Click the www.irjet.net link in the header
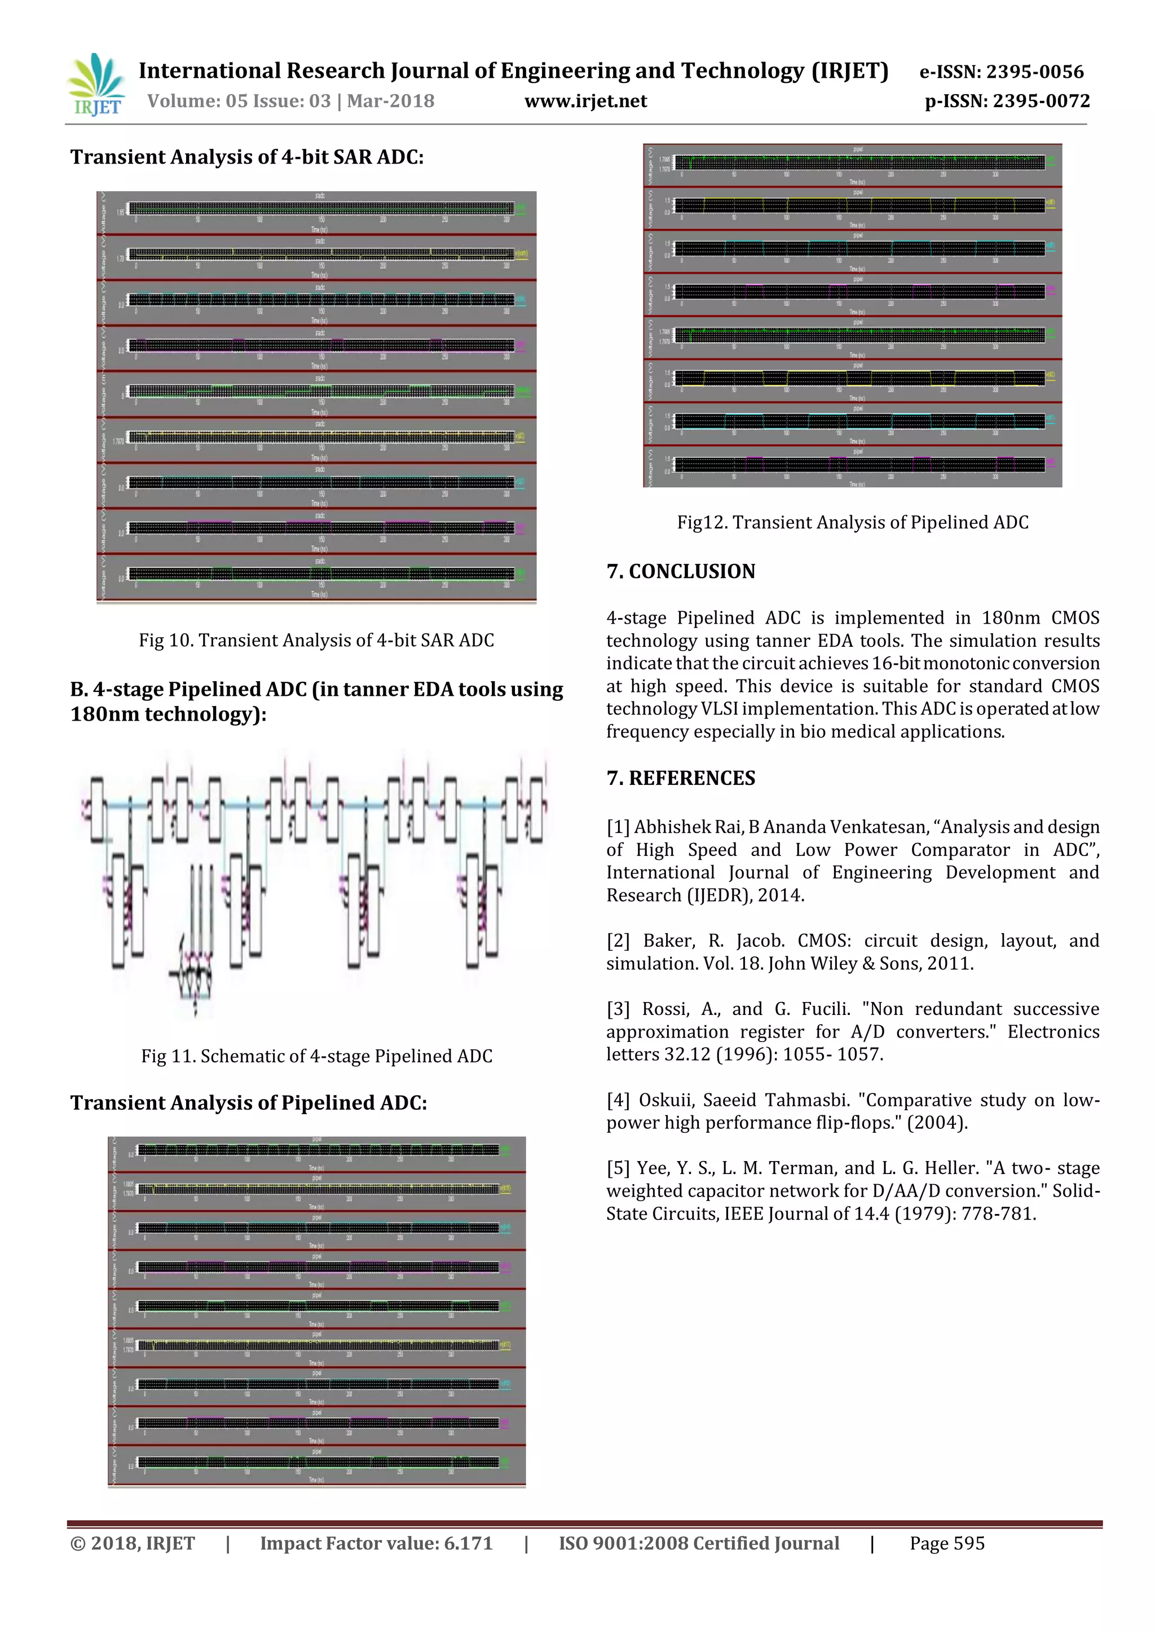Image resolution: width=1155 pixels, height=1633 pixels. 585,101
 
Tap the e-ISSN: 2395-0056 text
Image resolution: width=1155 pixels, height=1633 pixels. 1002,72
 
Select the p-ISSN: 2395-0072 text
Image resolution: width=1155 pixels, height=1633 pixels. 1006,101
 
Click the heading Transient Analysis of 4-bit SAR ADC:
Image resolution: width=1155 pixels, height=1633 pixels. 247,157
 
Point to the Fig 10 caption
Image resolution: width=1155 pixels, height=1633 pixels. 316,640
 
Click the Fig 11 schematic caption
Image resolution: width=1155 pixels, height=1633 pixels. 316,1056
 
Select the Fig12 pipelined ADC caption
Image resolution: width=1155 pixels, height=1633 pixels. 852,523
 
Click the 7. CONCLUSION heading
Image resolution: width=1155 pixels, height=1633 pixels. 681,571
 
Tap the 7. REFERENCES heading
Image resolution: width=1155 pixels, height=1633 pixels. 681,778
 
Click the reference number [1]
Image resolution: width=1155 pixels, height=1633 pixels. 618,827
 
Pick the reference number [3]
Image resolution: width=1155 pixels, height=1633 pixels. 618,1009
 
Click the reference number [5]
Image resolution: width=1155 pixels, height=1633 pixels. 618,1168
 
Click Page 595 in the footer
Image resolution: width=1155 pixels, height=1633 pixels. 947,1543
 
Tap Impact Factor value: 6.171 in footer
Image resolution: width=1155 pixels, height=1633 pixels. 376,1543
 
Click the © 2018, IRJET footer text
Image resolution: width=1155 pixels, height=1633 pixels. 133,1543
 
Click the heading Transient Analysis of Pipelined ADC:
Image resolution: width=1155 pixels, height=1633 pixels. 248,1103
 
